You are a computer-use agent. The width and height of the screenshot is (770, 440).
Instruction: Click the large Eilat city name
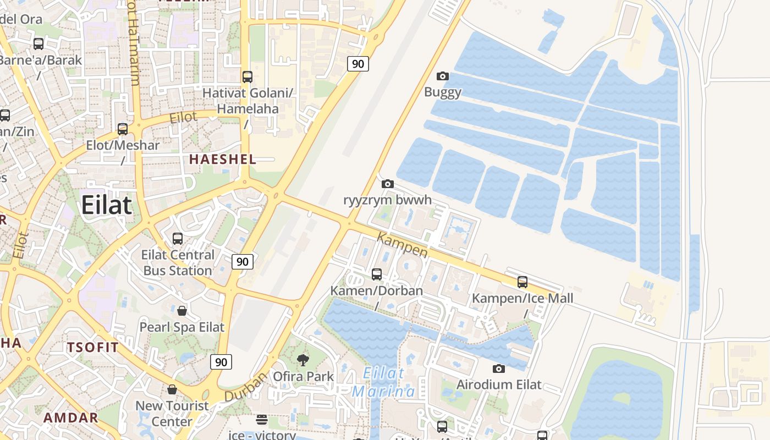click(x=106, y=205)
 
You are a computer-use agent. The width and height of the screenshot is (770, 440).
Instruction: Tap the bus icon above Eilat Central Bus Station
click(x=178, y=239)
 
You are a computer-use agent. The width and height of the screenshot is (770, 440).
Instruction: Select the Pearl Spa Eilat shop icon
click(x=182, y=311)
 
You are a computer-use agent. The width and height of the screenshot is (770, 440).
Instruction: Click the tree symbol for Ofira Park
click(x=302, y=360)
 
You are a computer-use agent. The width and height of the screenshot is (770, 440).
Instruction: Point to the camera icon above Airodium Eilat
click(x=499, y=369)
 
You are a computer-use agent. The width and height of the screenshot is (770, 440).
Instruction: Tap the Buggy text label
click(x=442, y=92)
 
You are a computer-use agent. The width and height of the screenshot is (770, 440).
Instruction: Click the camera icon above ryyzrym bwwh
click(x=388, y=184)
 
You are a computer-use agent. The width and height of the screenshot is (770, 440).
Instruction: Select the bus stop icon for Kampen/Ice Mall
click(x=522, y=282)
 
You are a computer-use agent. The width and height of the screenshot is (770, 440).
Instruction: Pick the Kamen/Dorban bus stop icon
click(x=377, y=274)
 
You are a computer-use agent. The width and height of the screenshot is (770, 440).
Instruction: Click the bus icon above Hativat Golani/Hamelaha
click(x=248, y=77)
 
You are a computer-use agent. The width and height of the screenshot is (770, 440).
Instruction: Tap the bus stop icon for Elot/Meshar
click(x=123, y=129)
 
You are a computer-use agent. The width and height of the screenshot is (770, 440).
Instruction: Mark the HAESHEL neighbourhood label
click(x=223, y=159)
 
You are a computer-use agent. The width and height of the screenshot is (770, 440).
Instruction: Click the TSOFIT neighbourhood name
click(x=92, y=347)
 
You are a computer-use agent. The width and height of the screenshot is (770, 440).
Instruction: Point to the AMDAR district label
click(x=70, y=417)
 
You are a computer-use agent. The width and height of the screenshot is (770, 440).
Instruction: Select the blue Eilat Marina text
click(x=384, y=382)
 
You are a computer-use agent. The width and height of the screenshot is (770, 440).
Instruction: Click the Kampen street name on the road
click(x=403, y=245)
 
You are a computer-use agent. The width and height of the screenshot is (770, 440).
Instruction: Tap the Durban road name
click(x=245, y=387)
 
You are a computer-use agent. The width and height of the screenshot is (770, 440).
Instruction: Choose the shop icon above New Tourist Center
click(x=172, y=389)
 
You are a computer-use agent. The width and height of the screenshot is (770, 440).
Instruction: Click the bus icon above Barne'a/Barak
click(x=38, y=44)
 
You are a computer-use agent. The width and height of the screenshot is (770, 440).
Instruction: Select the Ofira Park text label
click(x=303, y=377)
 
